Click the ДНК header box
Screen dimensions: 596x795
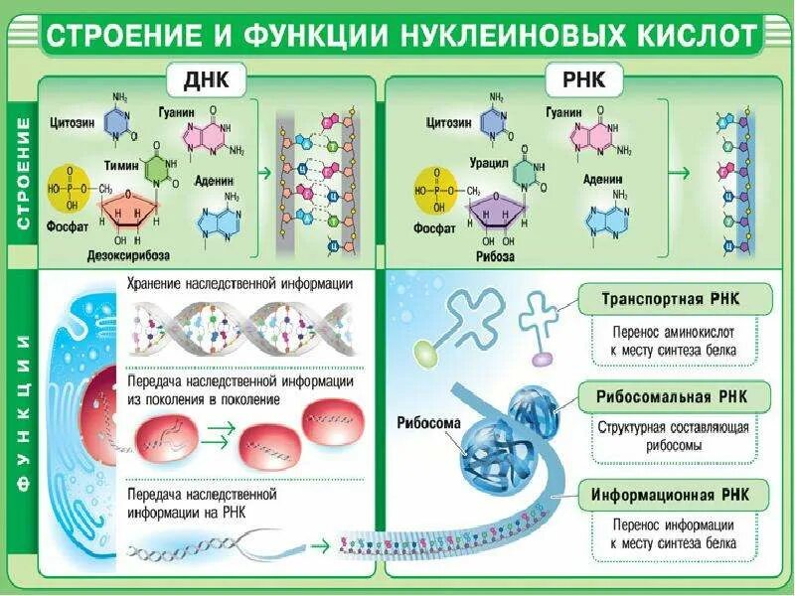(207, 79)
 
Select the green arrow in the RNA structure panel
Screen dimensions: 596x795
(679, 172)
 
